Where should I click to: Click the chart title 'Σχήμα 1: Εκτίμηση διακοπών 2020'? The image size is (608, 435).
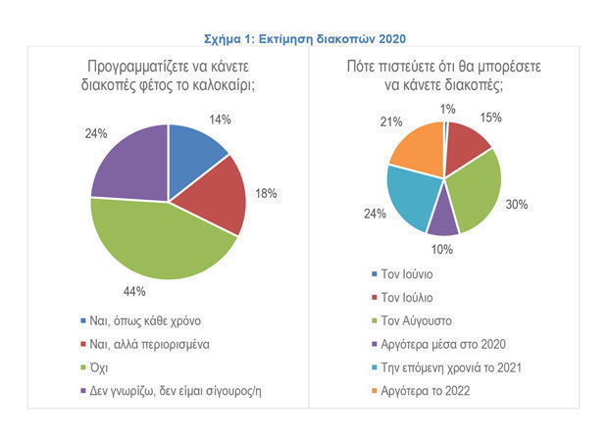(x=304, y=38)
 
